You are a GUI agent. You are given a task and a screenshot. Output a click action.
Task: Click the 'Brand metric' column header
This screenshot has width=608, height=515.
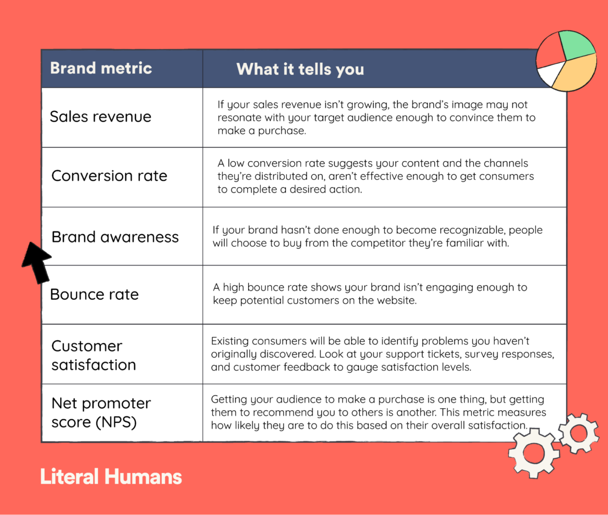(x=101, y=68)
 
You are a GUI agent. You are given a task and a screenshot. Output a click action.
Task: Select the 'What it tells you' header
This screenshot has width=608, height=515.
(x=300, y=69)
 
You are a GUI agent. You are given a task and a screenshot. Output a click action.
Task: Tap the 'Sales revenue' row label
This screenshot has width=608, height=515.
(x=101, y=116)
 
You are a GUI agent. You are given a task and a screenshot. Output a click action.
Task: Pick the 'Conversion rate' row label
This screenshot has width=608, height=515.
(x=109, y=176)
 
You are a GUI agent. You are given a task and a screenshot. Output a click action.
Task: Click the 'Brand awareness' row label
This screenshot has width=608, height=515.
(x=115, y=237)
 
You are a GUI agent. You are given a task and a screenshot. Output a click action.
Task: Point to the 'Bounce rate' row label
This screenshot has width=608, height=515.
(x=94, y=294)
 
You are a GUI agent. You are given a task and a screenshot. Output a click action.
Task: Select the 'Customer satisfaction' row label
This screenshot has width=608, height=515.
(x=94, y=355)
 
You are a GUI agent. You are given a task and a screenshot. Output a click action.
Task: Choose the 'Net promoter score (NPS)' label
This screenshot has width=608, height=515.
(x=101, y=413)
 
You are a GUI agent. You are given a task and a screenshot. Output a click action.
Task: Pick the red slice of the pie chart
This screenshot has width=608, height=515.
(x=550, y=51)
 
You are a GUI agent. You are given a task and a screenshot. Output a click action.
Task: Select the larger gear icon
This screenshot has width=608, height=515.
(x=534, y=453)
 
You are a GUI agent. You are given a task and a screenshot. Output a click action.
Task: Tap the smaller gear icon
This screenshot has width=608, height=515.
(x=579, y=433)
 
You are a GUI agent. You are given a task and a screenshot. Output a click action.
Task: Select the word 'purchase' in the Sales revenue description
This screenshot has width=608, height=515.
(x=282, y=131)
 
